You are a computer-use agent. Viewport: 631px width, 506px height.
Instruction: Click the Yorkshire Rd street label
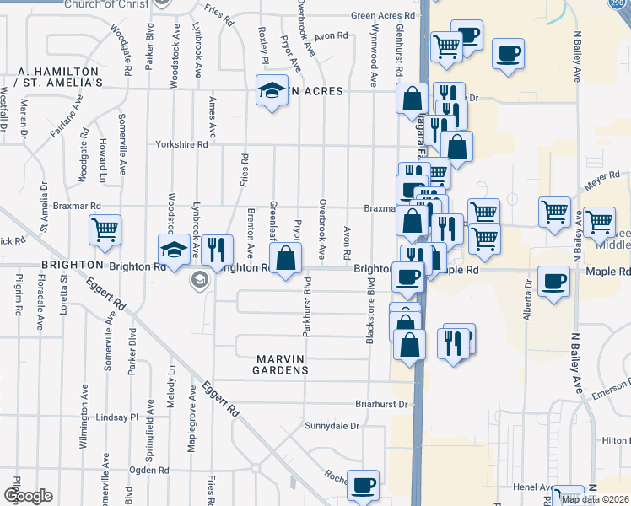click(x=181, y=144)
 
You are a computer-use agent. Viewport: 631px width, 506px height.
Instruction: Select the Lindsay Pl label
click(x=116, y=417)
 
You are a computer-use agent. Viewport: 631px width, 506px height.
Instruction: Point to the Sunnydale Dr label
click(x=332, y=425)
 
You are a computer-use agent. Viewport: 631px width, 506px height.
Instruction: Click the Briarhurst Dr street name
click(x=381, y=403)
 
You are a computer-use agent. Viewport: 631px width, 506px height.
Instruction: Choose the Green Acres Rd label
click(x=384, y=15)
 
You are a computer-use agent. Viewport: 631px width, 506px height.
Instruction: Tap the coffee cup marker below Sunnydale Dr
click(x=364, y=485)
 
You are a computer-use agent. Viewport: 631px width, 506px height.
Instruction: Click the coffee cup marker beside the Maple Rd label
click(x=554, y=281)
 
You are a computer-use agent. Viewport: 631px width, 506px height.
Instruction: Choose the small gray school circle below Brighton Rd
click(x=200, y=280)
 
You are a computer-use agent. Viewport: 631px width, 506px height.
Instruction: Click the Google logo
click(x=28, y=496)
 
